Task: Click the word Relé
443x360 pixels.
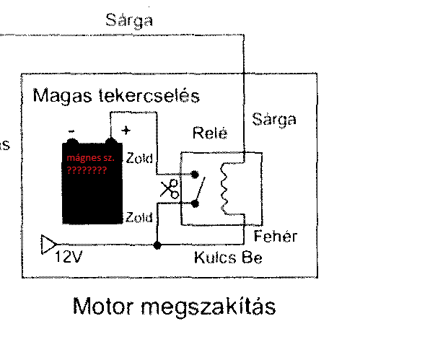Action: pyautogui.click(x=209, y=134)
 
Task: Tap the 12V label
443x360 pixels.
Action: pyautogui.click(x=69, y=257)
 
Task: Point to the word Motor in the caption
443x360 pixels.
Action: pyautogui.click(x=105, y=307)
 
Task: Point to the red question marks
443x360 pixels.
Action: pyautogui.click(x=86, y=171)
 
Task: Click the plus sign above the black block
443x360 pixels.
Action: pyautogui.click(x=127, y=131)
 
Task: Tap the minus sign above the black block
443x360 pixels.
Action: pyautogui.click(x=72, y=131)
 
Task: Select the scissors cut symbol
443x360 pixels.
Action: pyautogui.click(x=170, y=189)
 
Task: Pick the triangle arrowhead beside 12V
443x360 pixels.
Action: pyautogui.click(x=47, y=245)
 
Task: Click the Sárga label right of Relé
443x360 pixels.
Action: pyautogui.click(x=274, y=119)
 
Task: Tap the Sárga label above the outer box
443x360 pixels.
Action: pyautogui.click(x=129, y=19)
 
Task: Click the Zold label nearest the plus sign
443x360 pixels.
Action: pyautogui.click(x=139, y=158)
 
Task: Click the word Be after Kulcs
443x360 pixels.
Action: pyautogui.click(x=252, y=257)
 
